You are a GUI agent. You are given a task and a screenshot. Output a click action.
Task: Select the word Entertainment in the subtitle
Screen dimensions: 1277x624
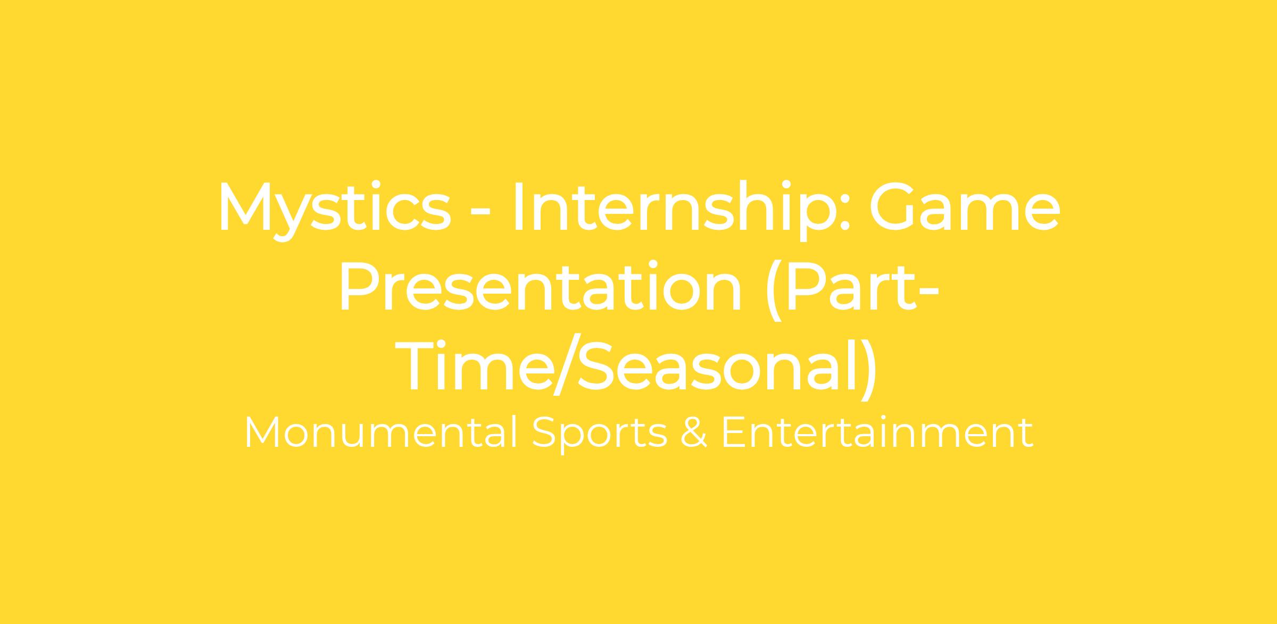[877, 433]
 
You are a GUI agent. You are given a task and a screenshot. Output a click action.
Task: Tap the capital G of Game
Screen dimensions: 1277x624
[893, 207]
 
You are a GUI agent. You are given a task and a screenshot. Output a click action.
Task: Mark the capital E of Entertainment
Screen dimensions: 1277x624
[733, 433]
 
